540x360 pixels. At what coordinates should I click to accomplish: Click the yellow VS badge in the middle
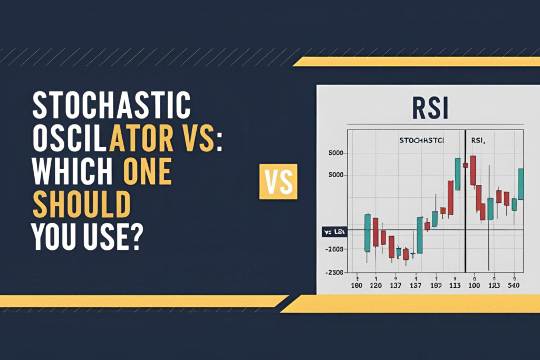tap(278, 181)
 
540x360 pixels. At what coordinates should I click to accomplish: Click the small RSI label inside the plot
tap(478, 141)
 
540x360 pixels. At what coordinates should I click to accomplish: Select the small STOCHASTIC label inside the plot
tap(422, 141)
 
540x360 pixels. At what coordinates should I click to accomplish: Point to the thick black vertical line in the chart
tap(466, 211)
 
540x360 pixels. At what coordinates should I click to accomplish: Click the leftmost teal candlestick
tap(367, 232)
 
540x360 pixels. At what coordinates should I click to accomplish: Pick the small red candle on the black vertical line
tap(465, 165)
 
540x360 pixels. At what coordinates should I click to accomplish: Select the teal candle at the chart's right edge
tap(521, 183)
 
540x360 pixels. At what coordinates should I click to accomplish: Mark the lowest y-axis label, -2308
tap(335, 273)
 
